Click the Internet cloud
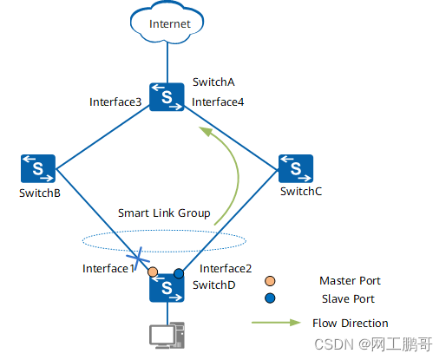169,23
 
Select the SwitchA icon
166,96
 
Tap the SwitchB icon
39,167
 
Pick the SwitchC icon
295,167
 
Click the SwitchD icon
166,289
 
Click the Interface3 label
115,102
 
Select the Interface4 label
218,102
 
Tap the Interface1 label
108,269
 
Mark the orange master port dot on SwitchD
153,272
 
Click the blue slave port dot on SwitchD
179,273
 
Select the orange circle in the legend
270,281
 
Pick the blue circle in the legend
270,298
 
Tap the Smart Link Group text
164,213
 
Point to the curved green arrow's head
203,131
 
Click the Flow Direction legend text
351,323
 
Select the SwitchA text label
213,82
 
